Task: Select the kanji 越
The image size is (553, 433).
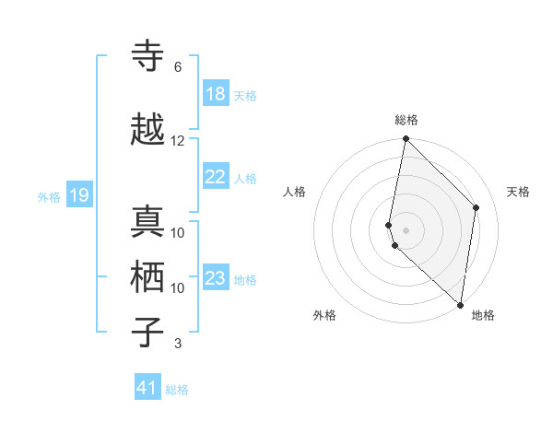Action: [147, 130]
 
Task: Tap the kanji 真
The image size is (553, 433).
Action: [147, 222]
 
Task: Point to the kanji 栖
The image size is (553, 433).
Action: [147, 277]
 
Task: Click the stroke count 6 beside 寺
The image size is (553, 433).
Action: [178, 67]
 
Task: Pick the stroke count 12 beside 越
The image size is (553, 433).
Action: [178, 141]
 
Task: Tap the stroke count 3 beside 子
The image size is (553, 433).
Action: [178, 345]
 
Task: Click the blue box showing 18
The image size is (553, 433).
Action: [215, 94]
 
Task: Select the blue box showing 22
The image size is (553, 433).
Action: [215, 177]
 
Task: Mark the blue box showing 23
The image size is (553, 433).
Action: [215, 278]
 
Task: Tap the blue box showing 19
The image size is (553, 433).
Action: [79, 195]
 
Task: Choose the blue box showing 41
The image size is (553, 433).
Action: [147, 388]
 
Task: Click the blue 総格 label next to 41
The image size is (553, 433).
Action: [177, 390]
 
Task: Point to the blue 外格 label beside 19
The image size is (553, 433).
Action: [48, 196]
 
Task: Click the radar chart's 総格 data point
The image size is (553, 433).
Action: [406, 139]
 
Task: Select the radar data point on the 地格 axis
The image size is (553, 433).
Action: [461, 304]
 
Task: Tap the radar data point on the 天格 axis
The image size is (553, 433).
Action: [477, 207]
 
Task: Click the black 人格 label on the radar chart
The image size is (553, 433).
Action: [294, 192]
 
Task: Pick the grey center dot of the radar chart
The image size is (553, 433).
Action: [406, 229]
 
